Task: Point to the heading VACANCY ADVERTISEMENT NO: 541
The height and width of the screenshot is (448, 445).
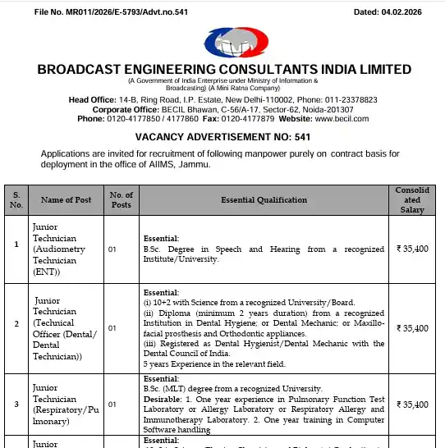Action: tap(222, 136)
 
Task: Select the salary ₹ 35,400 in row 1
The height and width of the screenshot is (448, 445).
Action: tap(411, 248)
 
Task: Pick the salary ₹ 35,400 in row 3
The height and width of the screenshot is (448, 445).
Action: tap(411, 405)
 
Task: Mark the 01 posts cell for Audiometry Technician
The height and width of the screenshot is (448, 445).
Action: tap(112, 248)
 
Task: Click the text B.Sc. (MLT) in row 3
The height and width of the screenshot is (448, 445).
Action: tap(164, 388)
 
